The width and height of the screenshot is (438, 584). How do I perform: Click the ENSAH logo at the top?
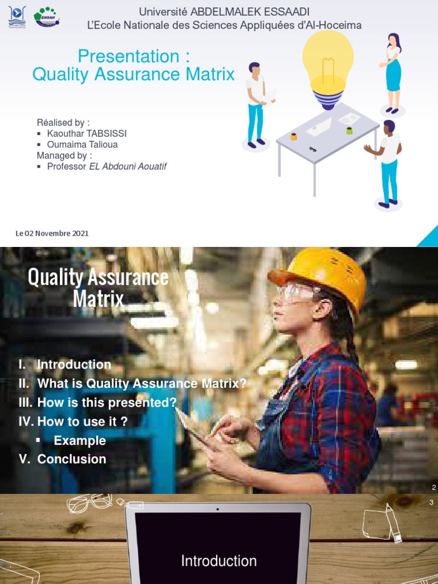46,17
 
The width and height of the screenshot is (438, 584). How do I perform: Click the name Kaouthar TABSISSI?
87,133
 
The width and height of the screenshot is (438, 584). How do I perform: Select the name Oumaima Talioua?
82,144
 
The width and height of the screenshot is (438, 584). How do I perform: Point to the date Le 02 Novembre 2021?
52,233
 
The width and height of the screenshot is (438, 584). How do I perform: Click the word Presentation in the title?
128,56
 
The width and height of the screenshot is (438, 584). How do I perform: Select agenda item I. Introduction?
65,364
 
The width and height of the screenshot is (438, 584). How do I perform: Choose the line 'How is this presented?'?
98,402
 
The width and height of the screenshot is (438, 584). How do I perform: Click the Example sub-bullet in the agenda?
79,440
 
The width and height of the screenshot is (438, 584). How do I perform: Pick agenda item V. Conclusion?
63,459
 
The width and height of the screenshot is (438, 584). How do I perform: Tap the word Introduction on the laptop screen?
218,561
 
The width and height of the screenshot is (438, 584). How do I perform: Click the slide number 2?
434,487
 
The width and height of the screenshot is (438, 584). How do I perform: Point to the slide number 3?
432,502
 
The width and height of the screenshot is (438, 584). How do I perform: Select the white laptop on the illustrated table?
319,127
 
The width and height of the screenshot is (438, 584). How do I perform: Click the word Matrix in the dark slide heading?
98,298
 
